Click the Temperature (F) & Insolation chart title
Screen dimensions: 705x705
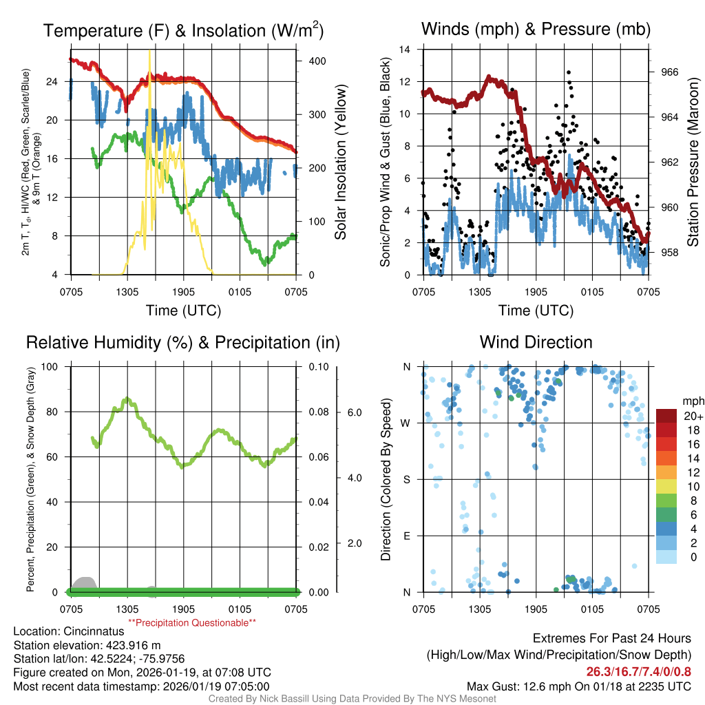[183, 31]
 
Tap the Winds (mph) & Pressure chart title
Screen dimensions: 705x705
[536, 29]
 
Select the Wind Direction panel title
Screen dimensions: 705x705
[536, 342]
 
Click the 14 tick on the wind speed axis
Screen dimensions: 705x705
[406, 50]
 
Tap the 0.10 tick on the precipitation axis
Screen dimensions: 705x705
[317, 366]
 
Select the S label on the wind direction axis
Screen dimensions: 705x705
[406, 479]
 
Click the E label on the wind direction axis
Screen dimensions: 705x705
[406, 536]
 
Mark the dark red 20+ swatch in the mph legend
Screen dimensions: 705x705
[666, 416]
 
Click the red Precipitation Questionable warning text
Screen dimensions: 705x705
[192, 623]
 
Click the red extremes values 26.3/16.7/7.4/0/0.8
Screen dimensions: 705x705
[638, 672]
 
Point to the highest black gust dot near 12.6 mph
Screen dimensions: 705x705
[569, 72]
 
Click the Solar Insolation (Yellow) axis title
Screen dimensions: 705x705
[341, 162]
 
